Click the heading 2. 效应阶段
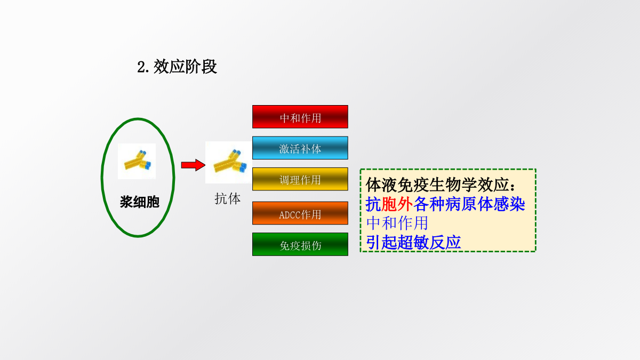click(x=177, y=67)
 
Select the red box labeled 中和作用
click(x=300, y=117)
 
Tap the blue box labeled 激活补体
click(x=300, y=148)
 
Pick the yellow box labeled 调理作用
click(x=300, y=179)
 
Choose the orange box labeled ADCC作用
click(x=300, y=213)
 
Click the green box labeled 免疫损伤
click(x=300, y=244)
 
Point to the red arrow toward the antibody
click(x=193, y=165)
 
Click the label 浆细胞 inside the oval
click(x=139, y=202)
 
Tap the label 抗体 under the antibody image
click(x=227, y=198)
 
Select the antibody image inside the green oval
click(x=137, y=162)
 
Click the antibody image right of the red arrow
click(x=229, y=162)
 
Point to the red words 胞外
click(x=397, y=204)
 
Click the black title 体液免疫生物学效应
click(x=437, y=185)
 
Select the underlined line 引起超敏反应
click(x=413, y=242)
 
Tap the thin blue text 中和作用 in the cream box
click(x=397, y=223)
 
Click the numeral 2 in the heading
click(x=141, y=67)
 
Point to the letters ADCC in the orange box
click(x=290, y=215)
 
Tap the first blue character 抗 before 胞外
click(x=373, y=204)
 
